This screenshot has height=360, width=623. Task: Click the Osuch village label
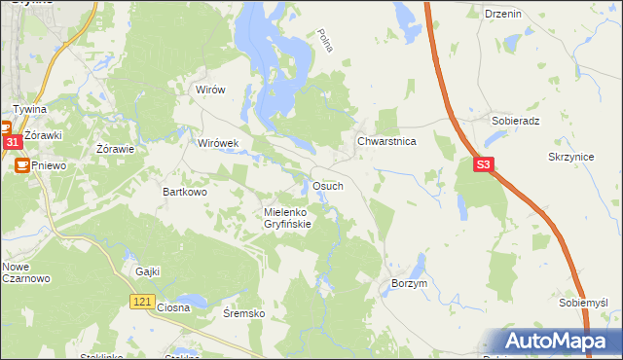click(x=326, y=186)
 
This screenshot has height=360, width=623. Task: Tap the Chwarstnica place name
click(x=386, y=141)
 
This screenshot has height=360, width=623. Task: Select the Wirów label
click(x=210, y=90)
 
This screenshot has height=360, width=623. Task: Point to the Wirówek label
click(x=218, y=143)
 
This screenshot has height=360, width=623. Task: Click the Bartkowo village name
click(x=184, y=193)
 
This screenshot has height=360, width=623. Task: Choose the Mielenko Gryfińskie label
click(x=287, y=218)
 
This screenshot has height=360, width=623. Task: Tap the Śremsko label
click(x=243, y=313)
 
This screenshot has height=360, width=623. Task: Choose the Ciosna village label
click(x=172, y=307)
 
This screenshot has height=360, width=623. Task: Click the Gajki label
click(x=148, y=271)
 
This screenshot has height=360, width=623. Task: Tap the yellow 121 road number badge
click(x=141, y=304)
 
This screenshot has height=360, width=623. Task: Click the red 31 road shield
click(x=12, y=142)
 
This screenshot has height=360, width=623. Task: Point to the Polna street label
click(x=325, y=42)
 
